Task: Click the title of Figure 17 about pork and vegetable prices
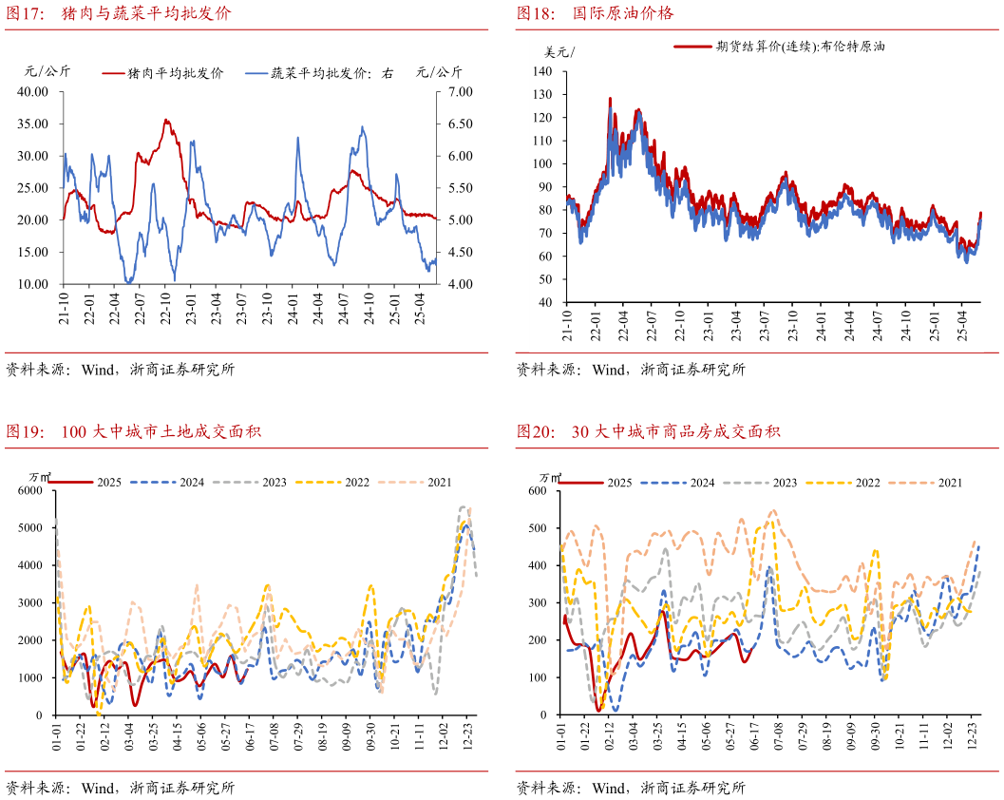pyautogui.click(x=119, y=14)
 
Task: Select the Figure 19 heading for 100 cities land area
pyautogui.click(x=133, y=432)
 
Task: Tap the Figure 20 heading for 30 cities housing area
pyautogui.click(x=648, y=432)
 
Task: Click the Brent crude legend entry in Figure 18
pyautogui.click(x=779, y=47)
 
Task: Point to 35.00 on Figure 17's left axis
pyautogui.click(x=34, y=124)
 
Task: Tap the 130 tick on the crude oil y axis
pyautogui.click(x=542, y=94)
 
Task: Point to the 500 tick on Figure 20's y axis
pyautogui.click(x=539, y=528)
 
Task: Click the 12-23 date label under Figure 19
pyautogui.click(x=469, y=737)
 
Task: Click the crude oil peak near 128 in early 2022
pyautogui.click(x=610, y=98)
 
